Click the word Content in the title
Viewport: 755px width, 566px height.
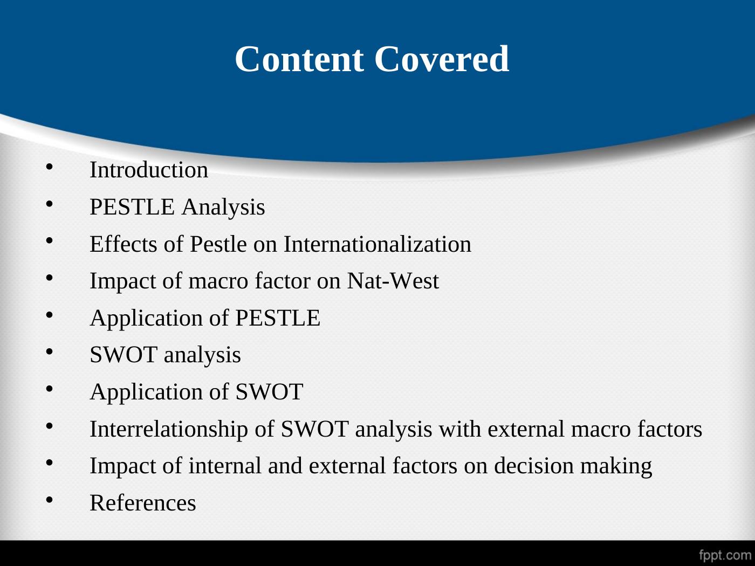(299, 59)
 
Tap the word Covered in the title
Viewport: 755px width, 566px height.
(442, 59)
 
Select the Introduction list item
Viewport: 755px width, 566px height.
(149, 170)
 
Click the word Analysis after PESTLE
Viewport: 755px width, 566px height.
(224, 207)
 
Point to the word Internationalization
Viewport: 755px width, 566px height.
(377, 244)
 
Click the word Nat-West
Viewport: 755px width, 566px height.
(393, 281)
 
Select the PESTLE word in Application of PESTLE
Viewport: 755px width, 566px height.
(278, 317)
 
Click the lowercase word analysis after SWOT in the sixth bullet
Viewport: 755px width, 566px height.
(202, 355)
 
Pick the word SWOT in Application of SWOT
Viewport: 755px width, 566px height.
(269, 392)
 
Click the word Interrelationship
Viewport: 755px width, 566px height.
(169, 429)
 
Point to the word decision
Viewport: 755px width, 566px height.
(534, 466)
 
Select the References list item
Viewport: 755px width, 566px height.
(143, 503)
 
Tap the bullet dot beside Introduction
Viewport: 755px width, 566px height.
(49, 167)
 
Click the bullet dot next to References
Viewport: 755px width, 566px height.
(49, 500)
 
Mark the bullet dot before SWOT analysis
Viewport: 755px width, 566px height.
(49, 352)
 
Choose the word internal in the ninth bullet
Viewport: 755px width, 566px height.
(225, 466)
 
